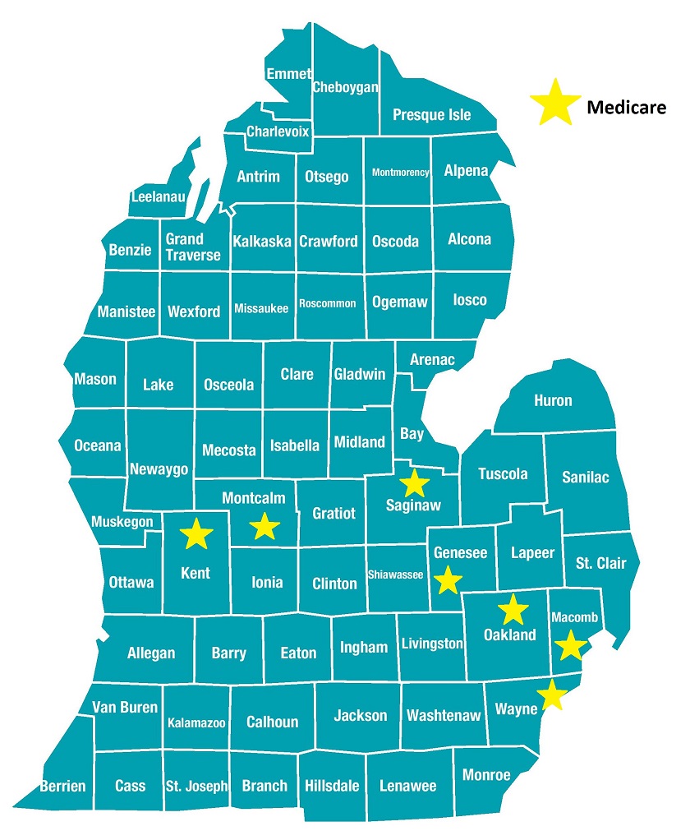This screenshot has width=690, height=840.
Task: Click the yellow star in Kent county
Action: (x=196, y=534)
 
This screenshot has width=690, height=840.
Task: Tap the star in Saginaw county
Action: (x=414, y=483)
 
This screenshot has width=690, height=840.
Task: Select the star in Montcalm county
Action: (x=264, y=526)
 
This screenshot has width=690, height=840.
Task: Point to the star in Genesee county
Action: (x=448, y=580)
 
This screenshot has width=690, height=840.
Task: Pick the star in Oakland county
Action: (x=513, y=609)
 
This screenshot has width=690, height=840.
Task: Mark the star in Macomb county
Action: (x=569, y=646)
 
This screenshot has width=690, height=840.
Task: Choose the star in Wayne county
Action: (x=553, y=695)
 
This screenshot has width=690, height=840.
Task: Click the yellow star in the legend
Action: (x=553, y=104)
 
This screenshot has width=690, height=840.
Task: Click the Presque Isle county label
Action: (x=431, y=115)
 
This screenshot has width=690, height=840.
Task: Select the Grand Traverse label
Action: (x=193, y=247)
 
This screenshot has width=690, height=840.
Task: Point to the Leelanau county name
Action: (x=159, y=197)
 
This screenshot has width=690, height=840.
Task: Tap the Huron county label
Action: (x=553, y=400)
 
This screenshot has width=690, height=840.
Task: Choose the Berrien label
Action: (x=62, y=786)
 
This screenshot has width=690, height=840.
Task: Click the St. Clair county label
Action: (x=600, y=563)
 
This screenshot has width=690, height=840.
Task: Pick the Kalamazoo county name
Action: (x=196, y=723)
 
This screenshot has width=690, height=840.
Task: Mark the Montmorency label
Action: (x=400, y=173)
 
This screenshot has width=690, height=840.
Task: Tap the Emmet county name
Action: (x=288, y=74)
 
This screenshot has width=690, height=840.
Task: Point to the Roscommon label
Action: (x=327, y=303)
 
